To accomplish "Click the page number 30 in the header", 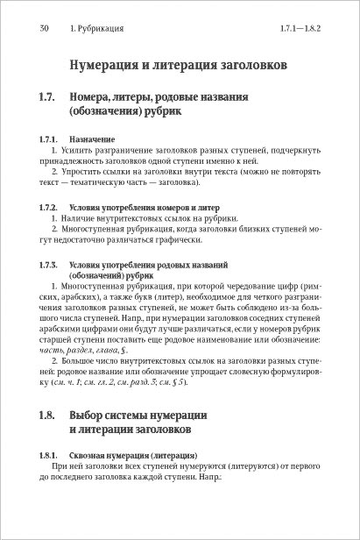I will click(44, 29).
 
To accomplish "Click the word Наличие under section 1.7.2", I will click(80, 217).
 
